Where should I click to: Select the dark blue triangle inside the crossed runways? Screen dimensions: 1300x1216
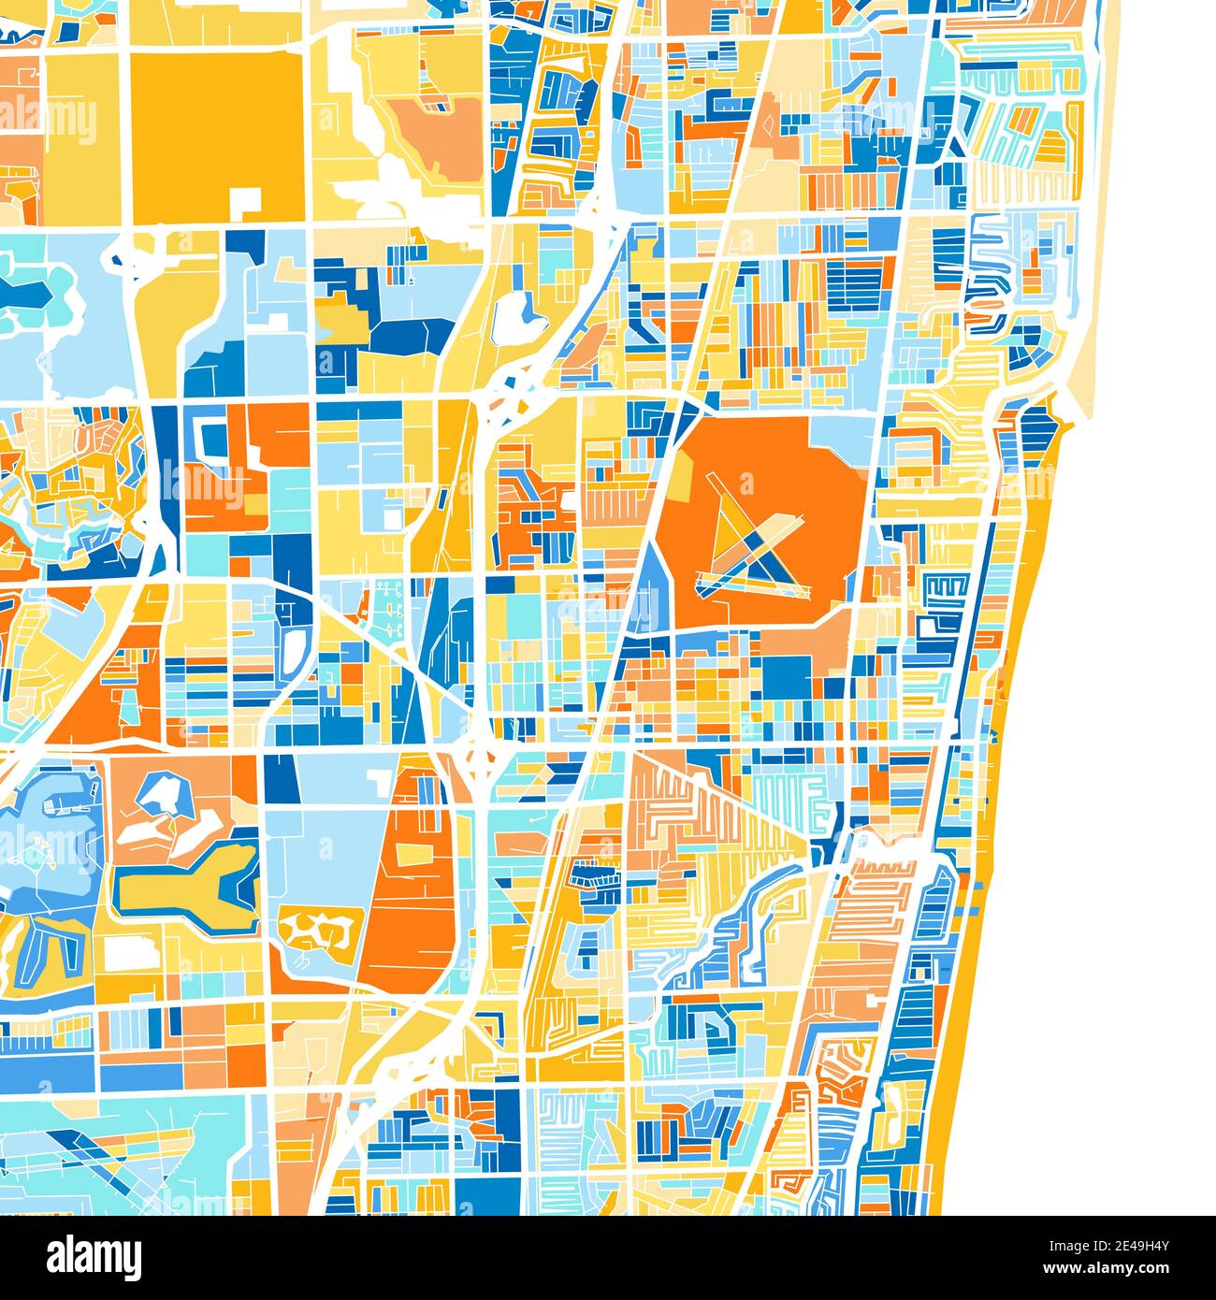click(767, 561)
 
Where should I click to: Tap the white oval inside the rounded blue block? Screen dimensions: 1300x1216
click(297, 645)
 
